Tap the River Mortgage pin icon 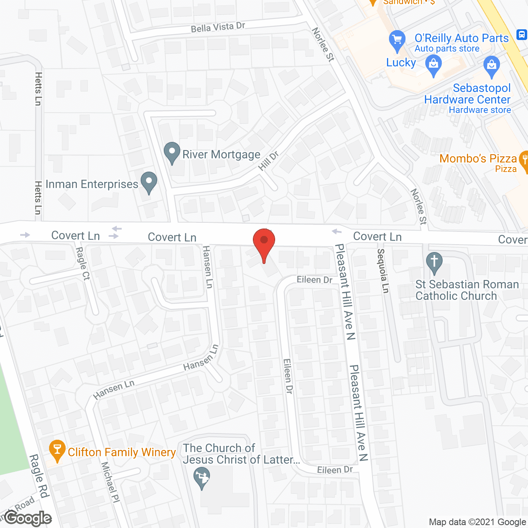coord(172,153)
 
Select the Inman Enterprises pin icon coord(149,182)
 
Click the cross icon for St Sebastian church coord(434,262)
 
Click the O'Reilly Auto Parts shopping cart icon coord(397,40)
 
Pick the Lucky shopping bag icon coord(433,65)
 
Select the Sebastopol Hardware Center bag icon coord(491,66)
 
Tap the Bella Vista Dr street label coord(218,28)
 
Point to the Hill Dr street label coord(269,161)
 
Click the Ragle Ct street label coord(83,264)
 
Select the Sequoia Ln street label coord(383,271)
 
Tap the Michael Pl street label coord(111,482)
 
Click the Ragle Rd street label coord(39,476)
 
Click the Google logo coord(28,518)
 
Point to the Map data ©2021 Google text coord(478,522)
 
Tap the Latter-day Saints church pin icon coord(202,478)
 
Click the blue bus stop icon coord(521,34)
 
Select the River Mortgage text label coord(221,154)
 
